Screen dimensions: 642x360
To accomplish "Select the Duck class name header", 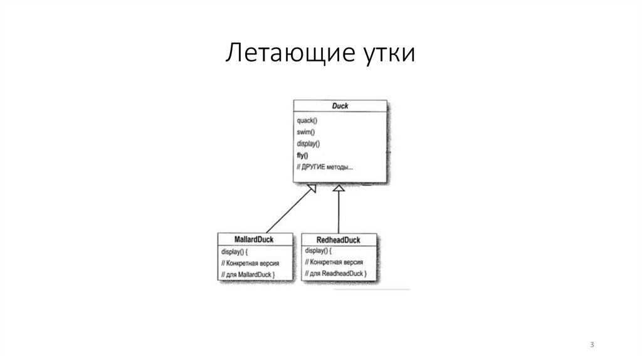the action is pos(339,106).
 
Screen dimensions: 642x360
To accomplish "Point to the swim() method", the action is pos(305,132).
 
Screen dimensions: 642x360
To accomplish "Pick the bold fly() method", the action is pos(303,156).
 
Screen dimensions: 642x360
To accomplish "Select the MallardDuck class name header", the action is pos(249,239).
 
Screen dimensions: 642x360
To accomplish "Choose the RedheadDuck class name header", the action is pos(340,239).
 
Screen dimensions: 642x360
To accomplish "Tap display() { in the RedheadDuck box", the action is pos(319,252).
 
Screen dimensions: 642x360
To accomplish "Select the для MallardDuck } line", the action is pos(248,275).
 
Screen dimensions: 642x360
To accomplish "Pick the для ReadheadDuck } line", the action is pos(334,275).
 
